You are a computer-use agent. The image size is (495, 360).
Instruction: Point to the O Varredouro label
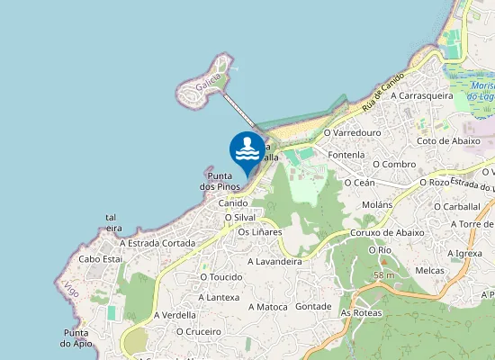point(352,132)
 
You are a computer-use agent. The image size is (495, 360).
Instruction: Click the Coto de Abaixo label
point(448,140)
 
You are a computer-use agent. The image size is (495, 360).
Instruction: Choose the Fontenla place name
point(346,155)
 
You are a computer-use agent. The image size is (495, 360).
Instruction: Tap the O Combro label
point(392,164)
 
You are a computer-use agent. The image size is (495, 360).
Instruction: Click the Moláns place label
point(376,204)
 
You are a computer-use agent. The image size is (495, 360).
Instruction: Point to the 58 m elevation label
point(384,274)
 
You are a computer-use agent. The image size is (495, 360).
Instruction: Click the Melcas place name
point(431,270)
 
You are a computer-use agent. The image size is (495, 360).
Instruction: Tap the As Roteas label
point(361,312)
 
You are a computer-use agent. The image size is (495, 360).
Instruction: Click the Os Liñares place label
point(259,231)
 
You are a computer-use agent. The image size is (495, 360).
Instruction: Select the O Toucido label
point(221,276)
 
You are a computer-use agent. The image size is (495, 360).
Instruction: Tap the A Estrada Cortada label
point(157,243)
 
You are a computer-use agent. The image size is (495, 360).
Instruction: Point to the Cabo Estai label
point(101,258)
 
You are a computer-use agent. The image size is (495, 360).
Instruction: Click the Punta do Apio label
point(76,337)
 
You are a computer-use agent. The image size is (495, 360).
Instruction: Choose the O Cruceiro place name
point(199,330)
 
